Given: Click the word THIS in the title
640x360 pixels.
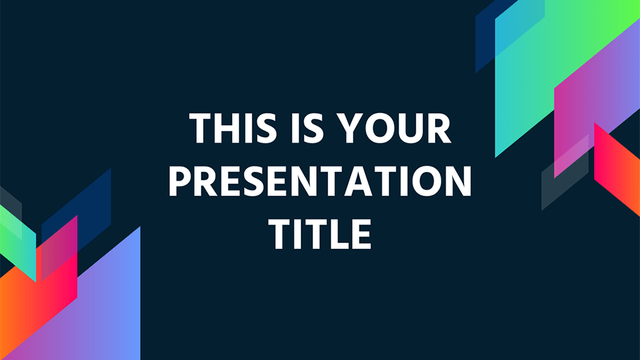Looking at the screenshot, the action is click(x=233, y=128).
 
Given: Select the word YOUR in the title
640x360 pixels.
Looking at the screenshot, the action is click(x=396, y=128).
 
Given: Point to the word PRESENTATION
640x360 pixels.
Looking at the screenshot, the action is click(x=320, y=181).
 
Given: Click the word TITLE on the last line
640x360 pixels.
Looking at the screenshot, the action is click(x=320, y=234).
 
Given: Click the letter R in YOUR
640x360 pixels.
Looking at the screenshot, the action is click(x=440, y=128).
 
